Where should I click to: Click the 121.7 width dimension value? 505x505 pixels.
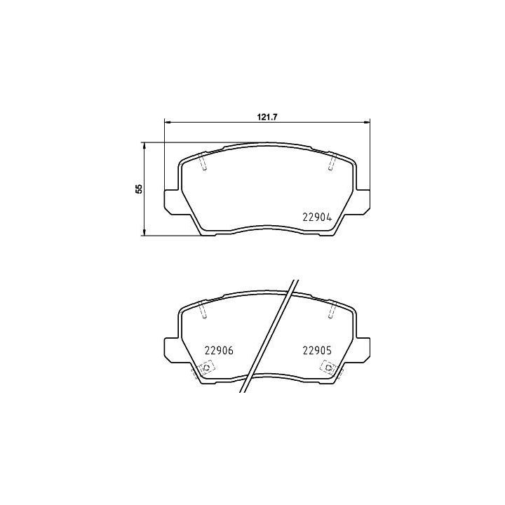click(267, 117)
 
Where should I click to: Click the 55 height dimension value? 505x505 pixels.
click(139, 189)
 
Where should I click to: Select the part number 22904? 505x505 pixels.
click(317, 217)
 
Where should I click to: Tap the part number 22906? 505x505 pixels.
click(219, 351)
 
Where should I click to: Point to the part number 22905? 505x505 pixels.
click(317, 351)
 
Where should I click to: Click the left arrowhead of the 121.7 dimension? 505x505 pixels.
click(167, 122)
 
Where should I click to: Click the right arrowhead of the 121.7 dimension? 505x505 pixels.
click(367, 122)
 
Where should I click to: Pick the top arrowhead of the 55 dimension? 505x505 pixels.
click(144, 145)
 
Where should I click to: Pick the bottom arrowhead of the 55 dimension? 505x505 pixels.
click(144, 233)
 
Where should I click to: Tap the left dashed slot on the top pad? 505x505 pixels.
click(203, 161)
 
